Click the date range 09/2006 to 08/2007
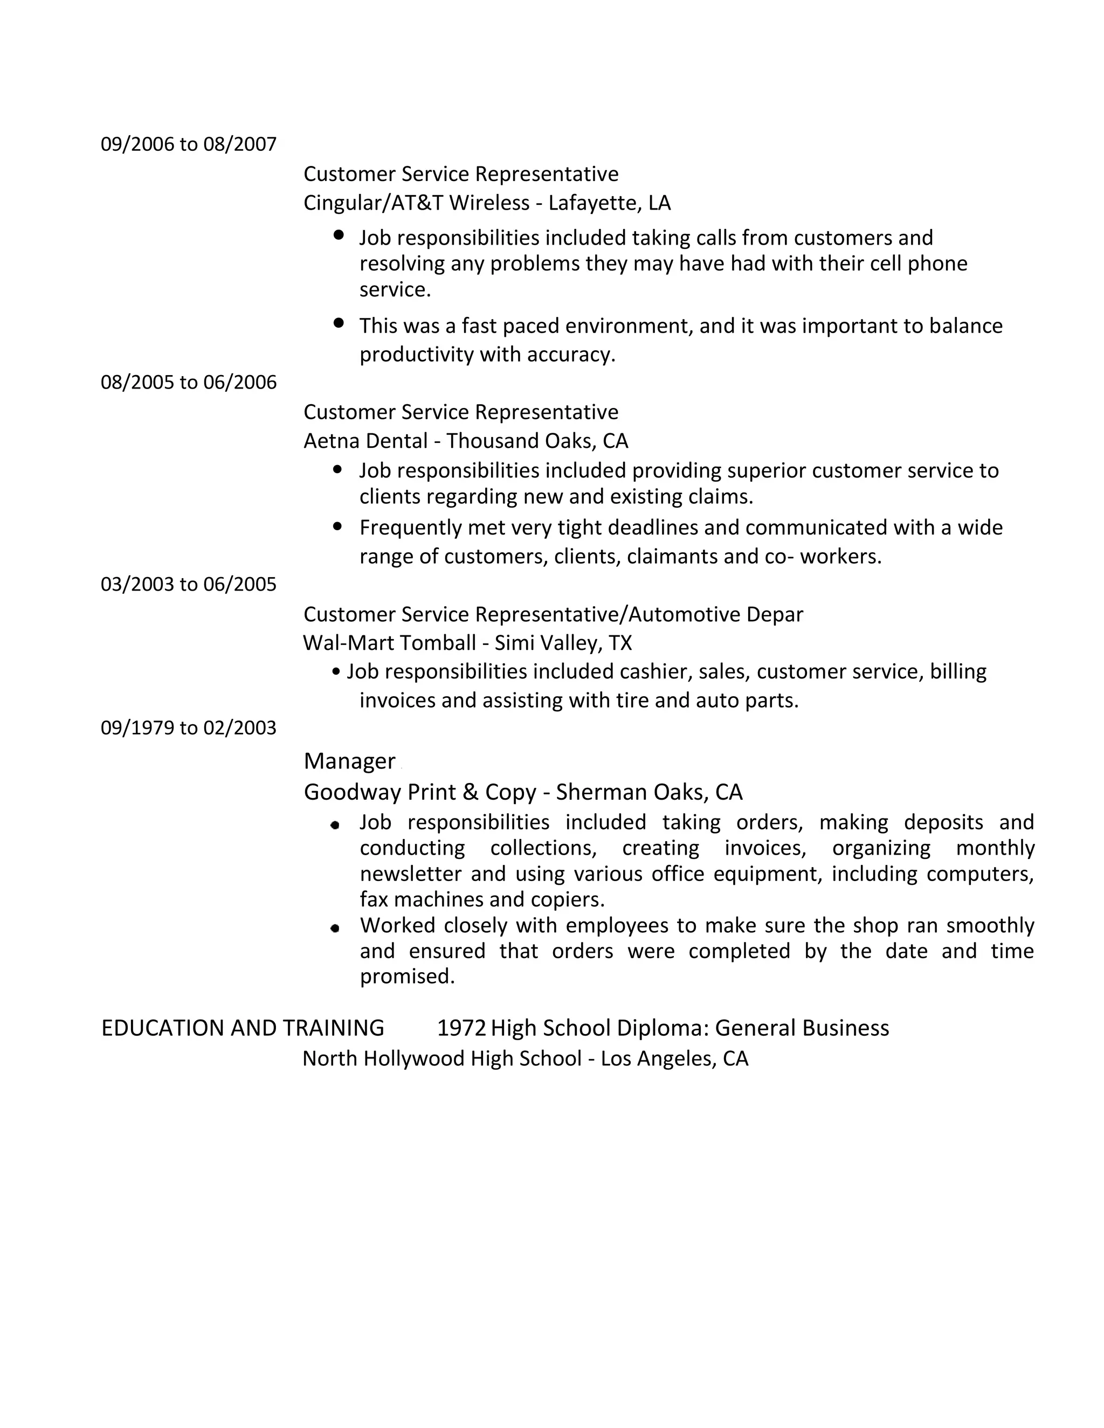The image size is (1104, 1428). [188, 144]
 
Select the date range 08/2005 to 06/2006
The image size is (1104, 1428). [188, 382]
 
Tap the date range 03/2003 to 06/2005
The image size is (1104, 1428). [188, 584]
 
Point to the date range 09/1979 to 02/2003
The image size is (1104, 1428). [188, 727]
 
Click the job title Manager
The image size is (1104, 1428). [349, 761]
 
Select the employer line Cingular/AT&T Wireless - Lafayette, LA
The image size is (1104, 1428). [487, 203]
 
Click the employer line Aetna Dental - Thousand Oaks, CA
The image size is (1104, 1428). [465, 441]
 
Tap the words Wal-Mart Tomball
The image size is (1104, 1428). [389, 643]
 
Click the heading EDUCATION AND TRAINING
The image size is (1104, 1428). [243, 1028]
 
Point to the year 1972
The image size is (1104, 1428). [461, 1028]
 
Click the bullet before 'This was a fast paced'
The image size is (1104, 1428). [338, 322]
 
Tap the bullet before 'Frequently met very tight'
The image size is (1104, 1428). [337, 525]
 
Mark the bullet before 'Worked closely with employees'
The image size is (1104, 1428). [335, 928]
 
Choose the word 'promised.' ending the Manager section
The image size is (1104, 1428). [407, 976]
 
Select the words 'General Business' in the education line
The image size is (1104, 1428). [802, 1028]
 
